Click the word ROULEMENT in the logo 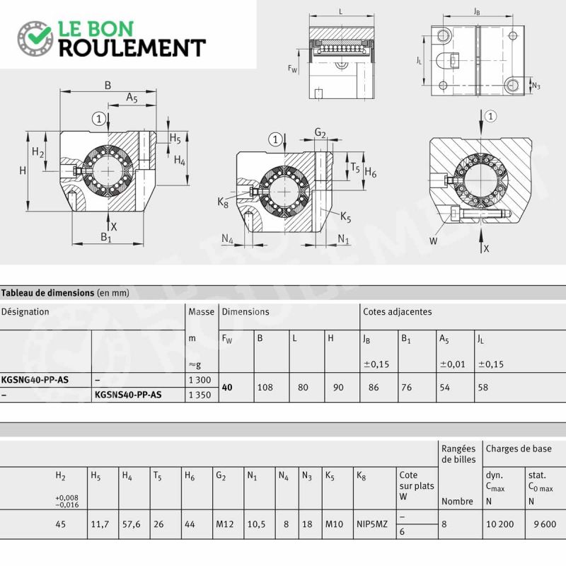click(x=132, y=47)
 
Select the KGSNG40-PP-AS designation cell click(x=35, y=380)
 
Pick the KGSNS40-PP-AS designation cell click(x=128, y=395)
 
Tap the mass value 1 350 click(x=200, y=395)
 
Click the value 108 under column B click(x=265, y=387)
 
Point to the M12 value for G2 click(x=224, y=524)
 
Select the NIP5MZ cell click(x=372, y=524)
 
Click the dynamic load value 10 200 click(x=500, y=524)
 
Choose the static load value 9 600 click(x=545, y=524)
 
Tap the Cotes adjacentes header click(x=398, y=311)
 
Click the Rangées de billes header click(x=458, y=454)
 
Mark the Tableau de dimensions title click(x=47, y=293)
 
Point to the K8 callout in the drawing click(x=223, y=203)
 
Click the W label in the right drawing click(x=434, y=241)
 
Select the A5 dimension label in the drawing click(x=132, y=98)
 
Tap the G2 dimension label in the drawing click(x=320, y=133)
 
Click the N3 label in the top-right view click(x=536, y=86)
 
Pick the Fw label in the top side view click(x=292, y=68)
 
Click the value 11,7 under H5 click(x=100, y=524)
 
